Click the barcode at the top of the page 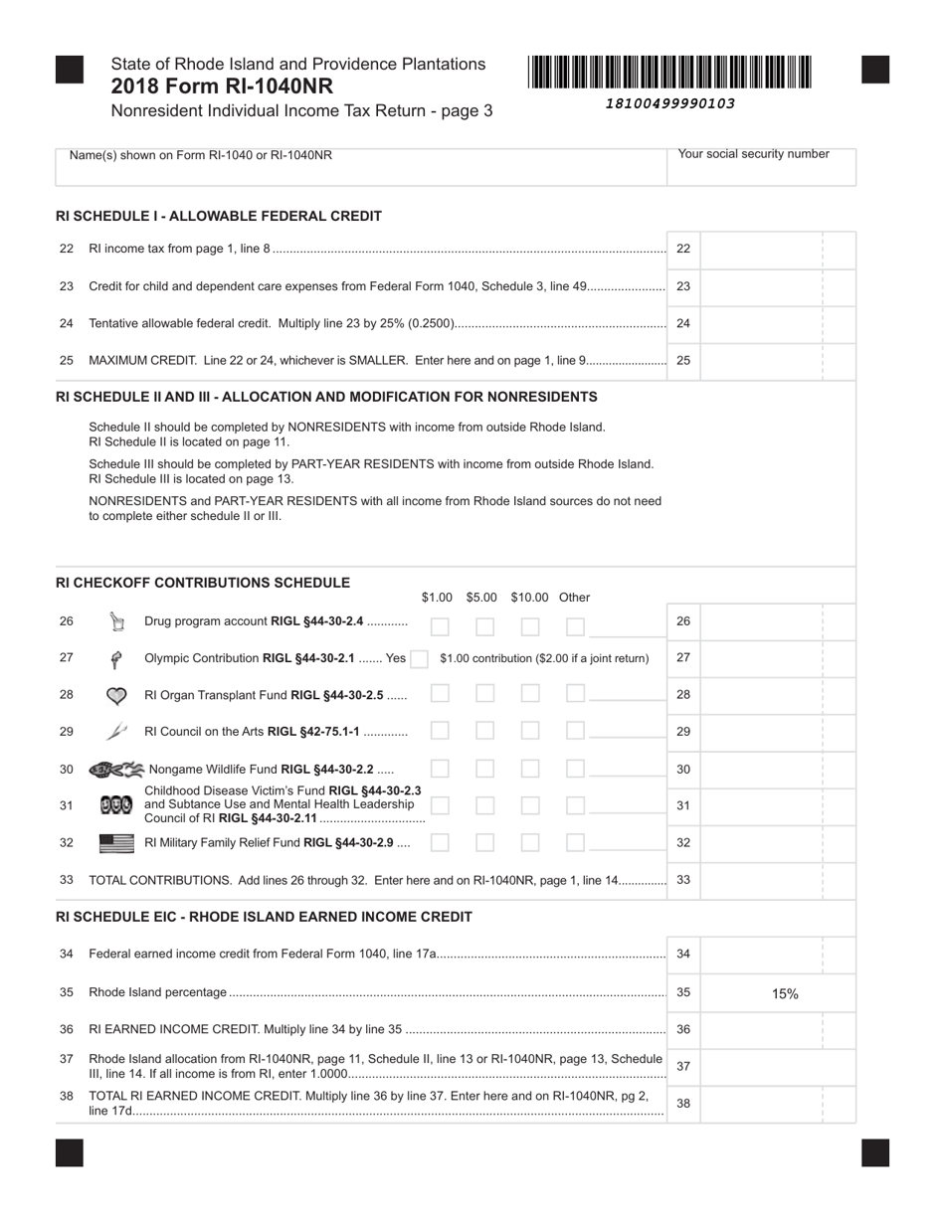click(x=669, y=74)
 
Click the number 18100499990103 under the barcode click(x=669, y=103)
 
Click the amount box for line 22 click(x=777, y=249)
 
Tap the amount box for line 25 click(x=777, y=361)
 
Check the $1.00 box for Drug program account click(x=440, y=626)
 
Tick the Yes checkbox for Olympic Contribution click(x=420, y=658)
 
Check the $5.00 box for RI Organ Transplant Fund click(x=484, y=694)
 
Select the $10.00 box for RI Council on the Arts click(x=530, y=731)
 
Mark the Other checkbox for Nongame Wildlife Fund click(x=575, y=769)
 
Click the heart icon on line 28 click(x=116, y=696)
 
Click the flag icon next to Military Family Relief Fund click(x=117, y=843)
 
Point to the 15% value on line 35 click(x=785, y=993)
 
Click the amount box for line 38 click(x=777, y=1103)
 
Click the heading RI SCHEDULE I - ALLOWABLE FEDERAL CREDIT click(x=219, y=216)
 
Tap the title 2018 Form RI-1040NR click(x=222, y=87)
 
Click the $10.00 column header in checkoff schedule click(x=529, y=598)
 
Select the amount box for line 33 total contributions click(x=777, y=880)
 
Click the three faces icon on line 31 click(x=116, y=806)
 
